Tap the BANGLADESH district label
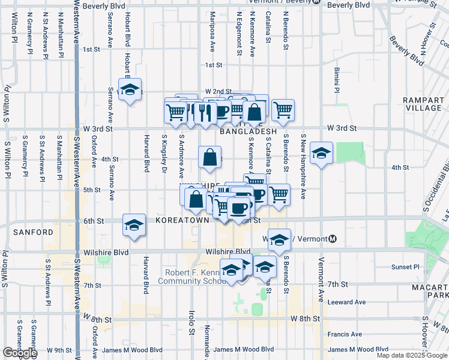248,131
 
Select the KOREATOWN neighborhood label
181,221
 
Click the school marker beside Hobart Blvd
130,90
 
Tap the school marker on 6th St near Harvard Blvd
134,226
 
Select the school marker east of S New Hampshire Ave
322,154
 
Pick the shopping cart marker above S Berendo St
283,110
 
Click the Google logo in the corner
20,353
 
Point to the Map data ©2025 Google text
411,355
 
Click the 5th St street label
92,190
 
